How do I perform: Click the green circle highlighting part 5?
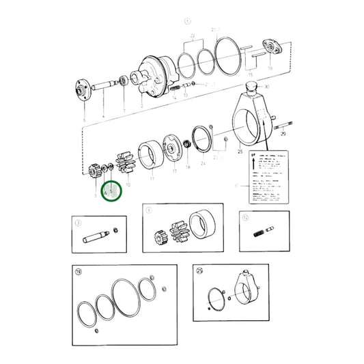(110, 192)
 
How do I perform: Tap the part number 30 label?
(266, 87)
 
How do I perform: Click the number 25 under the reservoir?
(240, 152)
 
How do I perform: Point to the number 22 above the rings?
(193, 35)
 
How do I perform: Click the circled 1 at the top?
(186, 20)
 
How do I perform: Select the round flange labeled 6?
(83, 89)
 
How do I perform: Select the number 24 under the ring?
(203, 163)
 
